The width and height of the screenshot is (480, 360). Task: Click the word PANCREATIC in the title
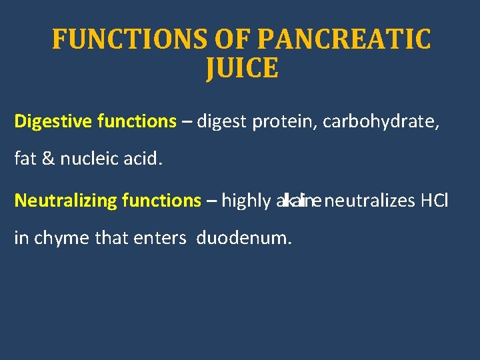coord(343,39)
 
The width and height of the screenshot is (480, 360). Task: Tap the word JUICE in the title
coord(242,68)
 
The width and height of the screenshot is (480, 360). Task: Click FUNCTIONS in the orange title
coord(130,39)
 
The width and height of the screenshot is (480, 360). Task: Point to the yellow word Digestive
coord(53,121)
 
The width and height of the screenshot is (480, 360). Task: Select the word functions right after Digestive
coord(137,121)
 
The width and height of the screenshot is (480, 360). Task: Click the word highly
coord(246,200)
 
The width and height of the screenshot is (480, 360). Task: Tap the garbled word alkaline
coord(298,200)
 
